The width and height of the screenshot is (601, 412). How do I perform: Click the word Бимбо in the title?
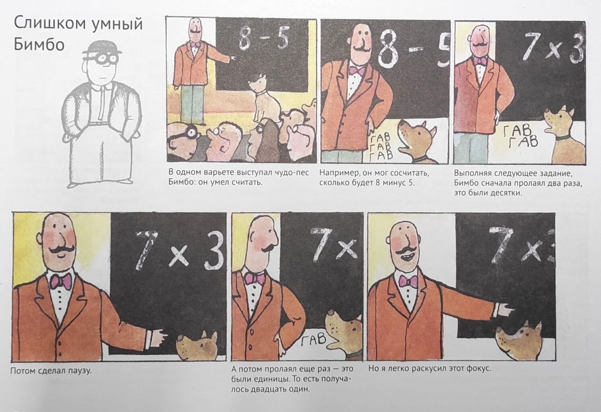(39, 45)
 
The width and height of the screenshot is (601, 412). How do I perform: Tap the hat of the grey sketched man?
(102, 48)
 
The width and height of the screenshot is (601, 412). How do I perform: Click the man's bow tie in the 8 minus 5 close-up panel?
(357, 71)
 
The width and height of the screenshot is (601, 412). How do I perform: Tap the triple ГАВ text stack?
(381, 147)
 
